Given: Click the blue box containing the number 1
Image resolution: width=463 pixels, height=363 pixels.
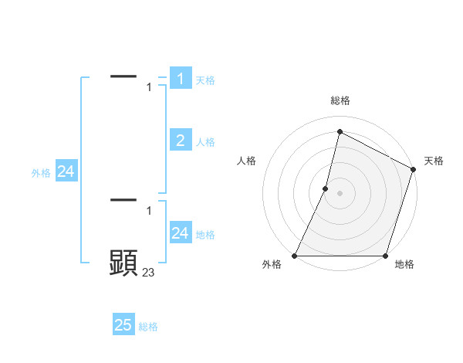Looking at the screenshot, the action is pyautogui.click(x=181, y=79).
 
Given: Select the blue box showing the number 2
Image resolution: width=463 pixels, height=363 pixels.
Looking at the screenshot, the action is pyautogui.click(x=181, y=140).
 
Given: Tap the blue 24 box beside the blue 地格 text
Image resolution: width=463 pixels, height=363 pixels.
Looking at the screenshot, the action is pyautogui.click(x=181, y=232).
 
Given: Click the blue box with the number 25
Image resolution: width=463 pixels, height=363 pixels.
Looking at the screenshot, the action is pyautogui.click(x=123, y=325).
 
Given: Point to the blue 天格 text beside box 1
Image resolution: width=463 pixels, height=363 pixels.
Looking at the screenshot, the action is pyautogui.click(x=205, y=80).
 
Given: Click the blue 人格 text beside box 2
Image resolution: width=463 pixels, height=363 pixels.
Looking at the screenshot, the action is pyautogui.click(x=205, y=142).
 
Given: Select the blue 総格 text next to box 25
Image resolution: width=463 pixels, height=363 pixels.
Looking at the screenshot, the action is pyautogui.click(x=148, y=327).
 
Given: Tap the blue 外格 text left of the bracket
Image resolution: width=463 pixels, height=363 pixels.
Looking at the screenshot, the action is pyautogui.click(x=41, y=173).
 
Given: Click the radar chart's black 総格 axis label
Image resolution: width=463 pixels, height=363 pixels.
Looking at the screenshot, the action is pyautogui.click(x=340, y=100).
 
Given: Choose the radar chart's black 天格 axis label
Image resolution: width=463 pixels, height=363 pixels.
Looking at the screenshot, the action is pyautogui.click(x=434, y=161).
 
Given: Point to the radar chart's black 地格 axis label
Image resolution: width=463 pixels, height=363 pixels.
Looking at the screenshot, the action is pyautogui.click(x=404, y=265).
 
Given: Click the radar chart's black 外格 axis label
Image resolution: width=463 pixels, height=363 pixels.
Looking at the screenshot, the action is pyautogui.click(x=272, y=265).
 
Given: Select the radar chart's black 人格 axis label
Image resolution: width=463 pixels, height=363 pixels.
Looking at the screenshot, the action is pyautogui.click(x=247, y=161).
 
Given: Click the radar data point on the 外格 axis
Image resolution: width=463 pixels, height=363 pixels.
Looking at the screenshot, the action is pyautogui.click(x=295, y=256).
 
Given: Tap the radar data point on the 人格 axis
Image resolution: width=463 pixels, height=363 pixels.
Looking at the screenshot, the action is pyautogui.click(x=326, y=188).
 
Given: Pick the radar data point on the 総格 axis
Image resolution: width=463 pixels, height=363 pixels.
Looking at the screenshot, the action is pyautogui.click(x=340, y=132).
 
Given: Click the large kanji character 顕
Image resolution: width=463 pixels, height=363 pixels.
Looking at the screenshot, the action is pyautogui.click(x=123, y=263).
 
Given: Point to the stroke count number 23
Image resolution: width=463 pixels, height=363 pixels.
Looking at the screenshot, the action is pyautogui.click(x=149, y=272).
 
